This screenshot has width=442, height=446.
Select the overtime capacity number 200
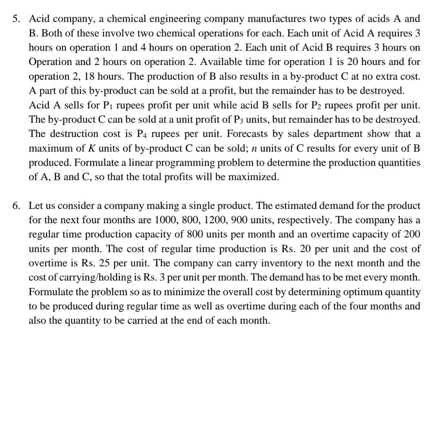tap(411, 234)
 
